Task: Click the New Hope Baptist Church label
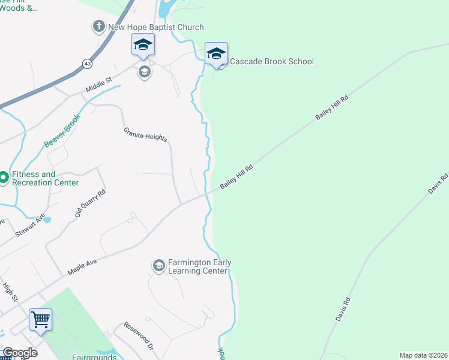click(x=155, y=27)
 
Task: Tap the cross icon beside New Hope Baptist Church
click(x=98, y=26)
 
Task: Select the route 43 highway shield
click(x=88, y=62)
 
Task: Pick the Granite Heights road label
click(x=146, y=135)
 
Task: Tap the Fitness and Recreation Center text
click(x=46, y=178)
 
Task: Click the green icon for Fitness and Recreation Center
click(x=3, y=178)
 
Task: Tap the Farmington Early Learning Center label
click(x=199, y=266)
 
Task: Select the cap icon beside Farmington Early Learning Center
click(x=158, y=266)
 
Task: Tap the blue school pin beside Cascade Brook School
click(x=216, y=53)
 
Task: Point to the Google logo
click(x=19, y=353)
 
